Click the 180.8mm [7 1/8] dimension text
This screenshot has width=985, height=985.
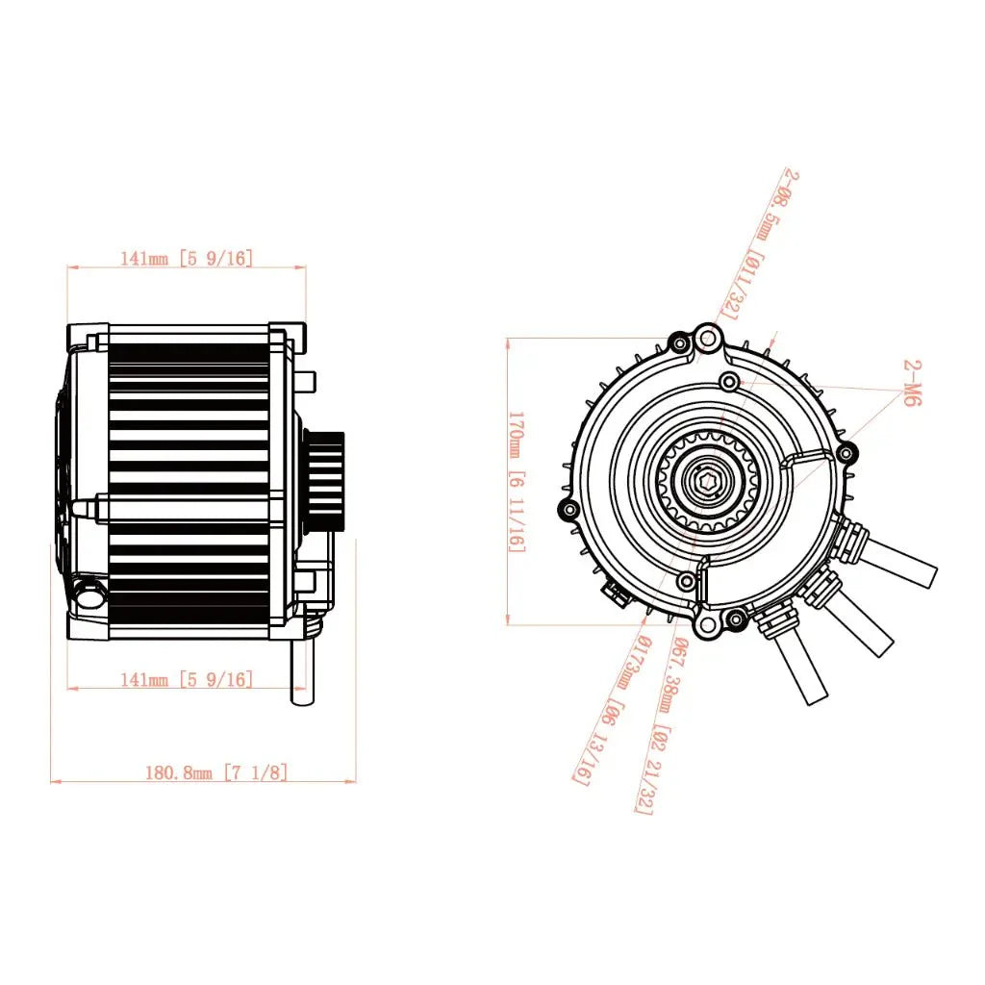tap(215, 771)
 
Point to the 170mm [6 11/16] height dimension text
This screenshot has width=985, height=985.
tap(517, 481)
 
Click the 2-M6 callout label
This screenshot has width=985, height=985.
tap(912, 385)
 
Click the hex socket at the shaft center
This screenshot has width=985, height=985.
tap(709, 481)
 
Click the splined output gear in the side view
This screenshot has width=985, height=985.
tap(323, 479)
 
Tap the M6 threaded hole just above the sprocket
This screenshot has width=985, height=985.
tap(730, 383)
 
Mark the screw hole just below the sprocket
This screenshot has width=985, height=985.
tap(686, 581)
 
